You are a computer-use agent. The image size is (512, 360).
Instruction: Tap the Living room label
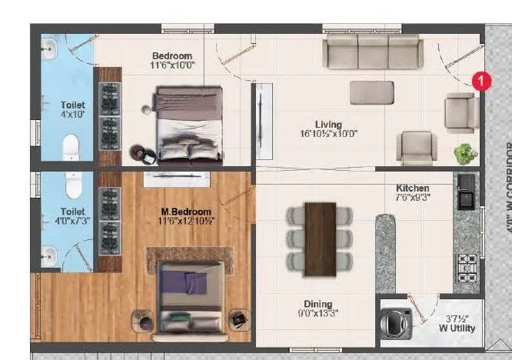click(327, 125)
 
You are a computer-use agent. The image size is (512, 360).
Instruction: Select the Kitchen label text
click(412, 188)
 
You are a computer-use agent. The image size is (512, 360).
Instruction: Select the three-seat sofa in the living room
click(372, 52)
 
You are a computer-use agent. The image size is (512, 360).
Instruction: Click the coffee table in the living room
click(373, 93)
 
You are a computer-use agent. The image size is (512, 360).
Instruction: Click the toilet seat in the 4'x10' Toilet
click(70, 144)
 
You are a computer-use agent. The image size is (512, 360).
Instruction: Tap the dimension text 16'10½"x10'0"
click(327, 134)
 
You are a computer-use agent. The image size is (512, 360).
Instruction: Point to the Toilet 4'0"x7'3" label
click(72, 216)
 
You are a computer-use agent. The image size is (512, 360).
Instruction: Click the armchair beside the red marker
click(460, 111)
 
